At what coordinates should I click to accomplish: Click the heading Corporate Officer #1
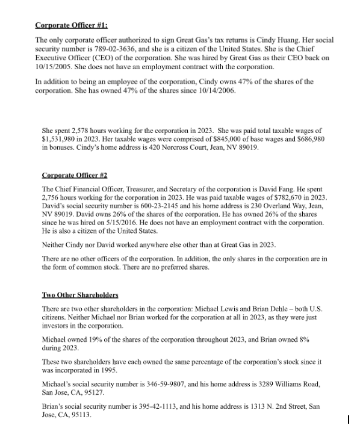[x=72, y=25]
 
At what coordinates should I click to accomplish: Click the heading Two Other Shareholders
[x=80, y=296]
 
